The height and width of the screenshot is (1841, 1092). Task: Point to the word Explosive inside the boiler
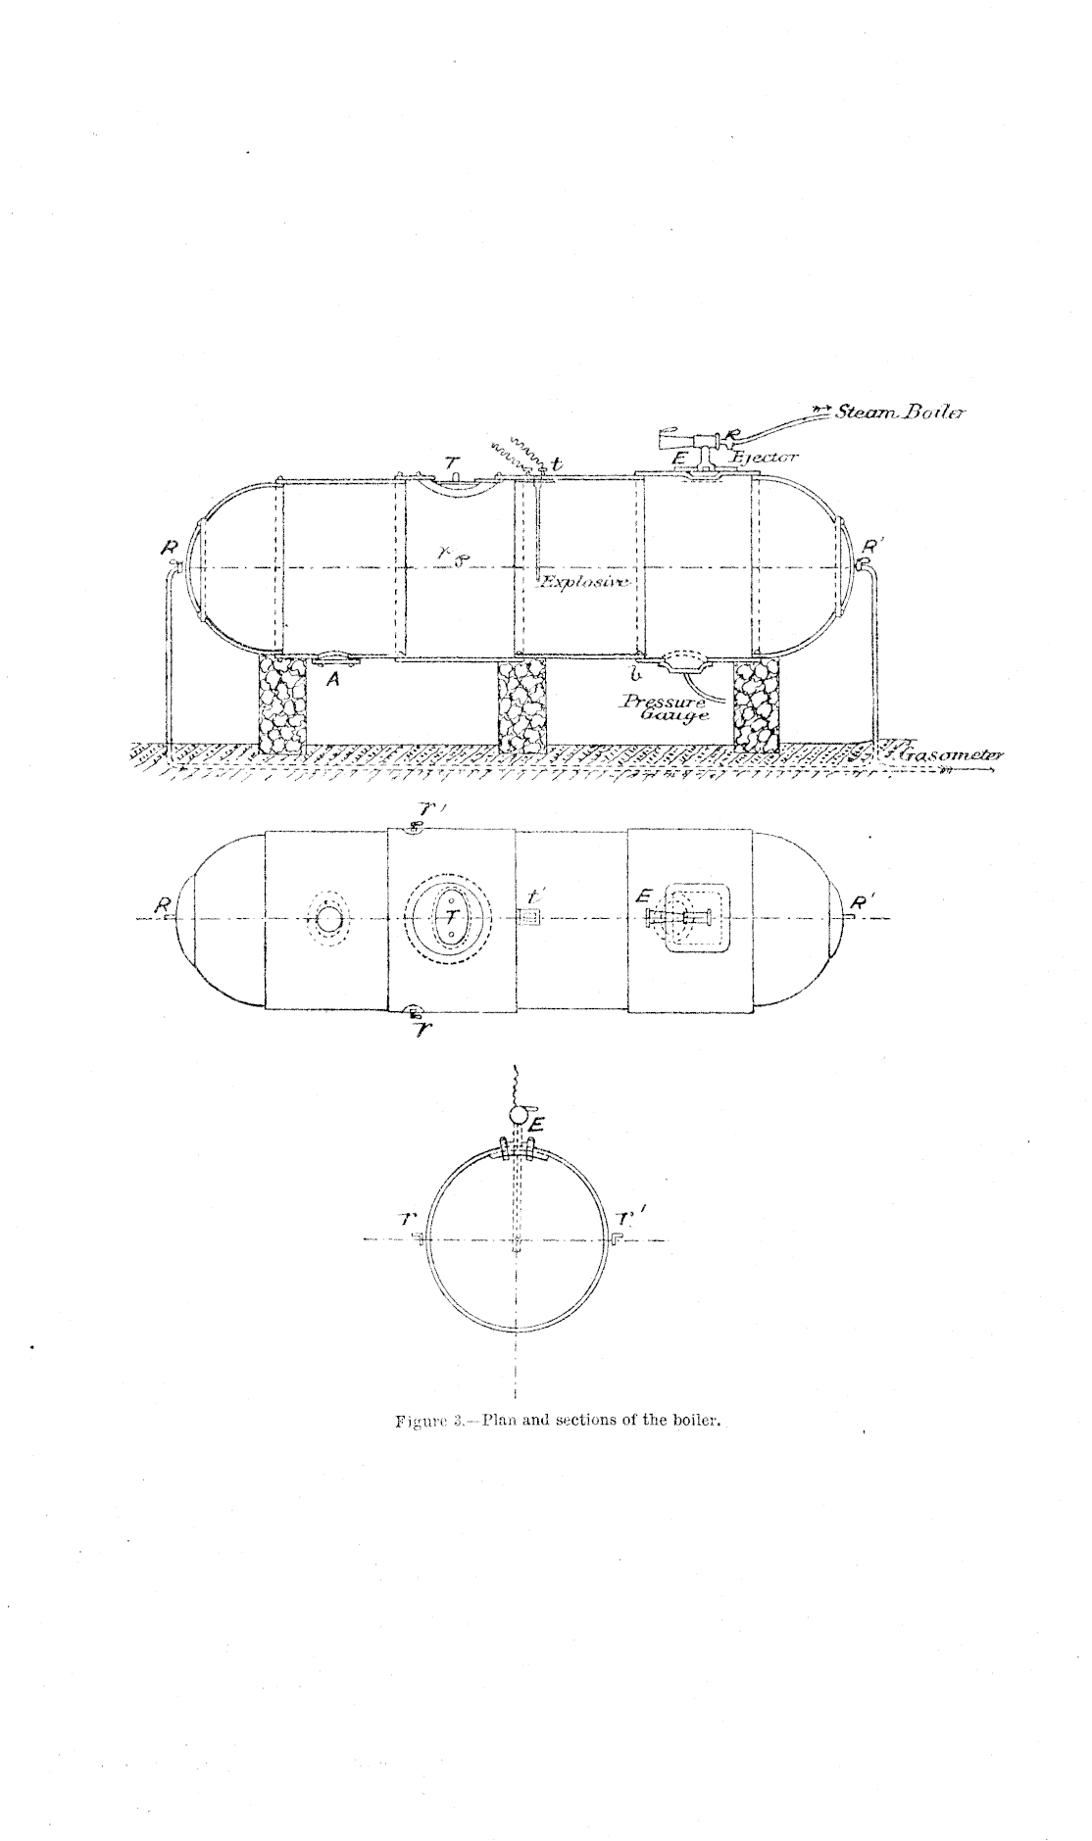587,582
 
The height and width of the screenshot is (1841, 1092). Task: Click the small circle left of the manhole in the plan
329,919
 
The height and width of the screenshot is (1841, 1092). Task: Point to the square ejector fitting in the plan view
693,919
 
